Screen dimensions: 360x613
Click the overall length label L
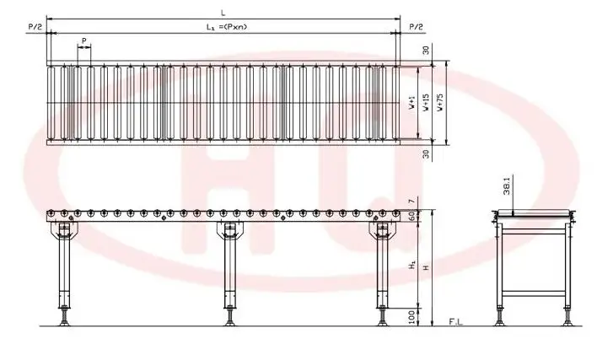(223, 12)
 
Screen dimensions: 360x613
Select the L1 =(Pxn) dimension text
(223, 27)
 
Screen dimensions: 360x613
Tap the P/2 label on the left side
(34, 27)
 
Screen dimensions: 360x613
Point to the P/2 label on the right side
(417, 27)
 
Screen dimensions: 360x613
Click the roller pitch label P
(83, 40)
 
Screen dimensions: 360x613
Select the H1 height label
(411, 265)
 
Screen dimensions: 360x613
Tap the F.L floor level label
(454, 322)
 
